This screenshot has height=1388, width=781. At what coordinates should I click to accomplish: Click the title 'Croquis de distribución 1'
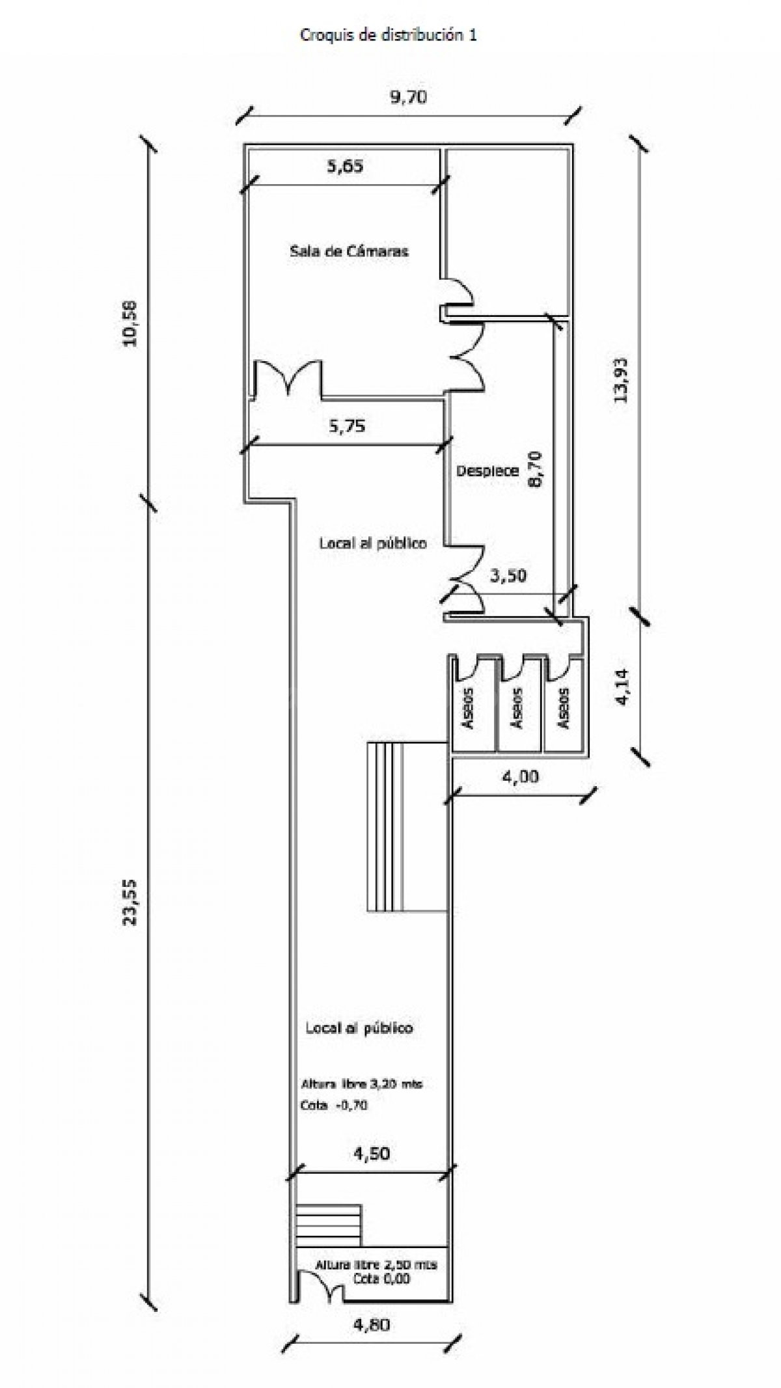pyautogui.click(x=388, y=35)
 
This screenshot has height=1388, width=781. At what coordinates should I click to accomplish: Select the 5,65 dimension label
pyautogui.click(x=345, y=167)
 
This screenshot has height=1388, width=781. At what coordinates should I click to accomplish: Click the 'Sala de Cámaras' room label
pyautogui.click(x=349, y=251)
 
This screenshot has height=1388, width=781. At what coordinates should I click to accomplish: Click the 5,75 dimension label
pyautogui.click(x=346, y=426)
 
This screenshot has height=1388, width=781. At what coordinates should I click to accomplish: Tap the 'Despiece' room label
pyautogui.click(x=487, y=470)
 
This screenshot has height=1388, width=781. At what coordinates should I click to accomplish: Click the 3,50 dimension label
pyautogui.click(x=508, y=576)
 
